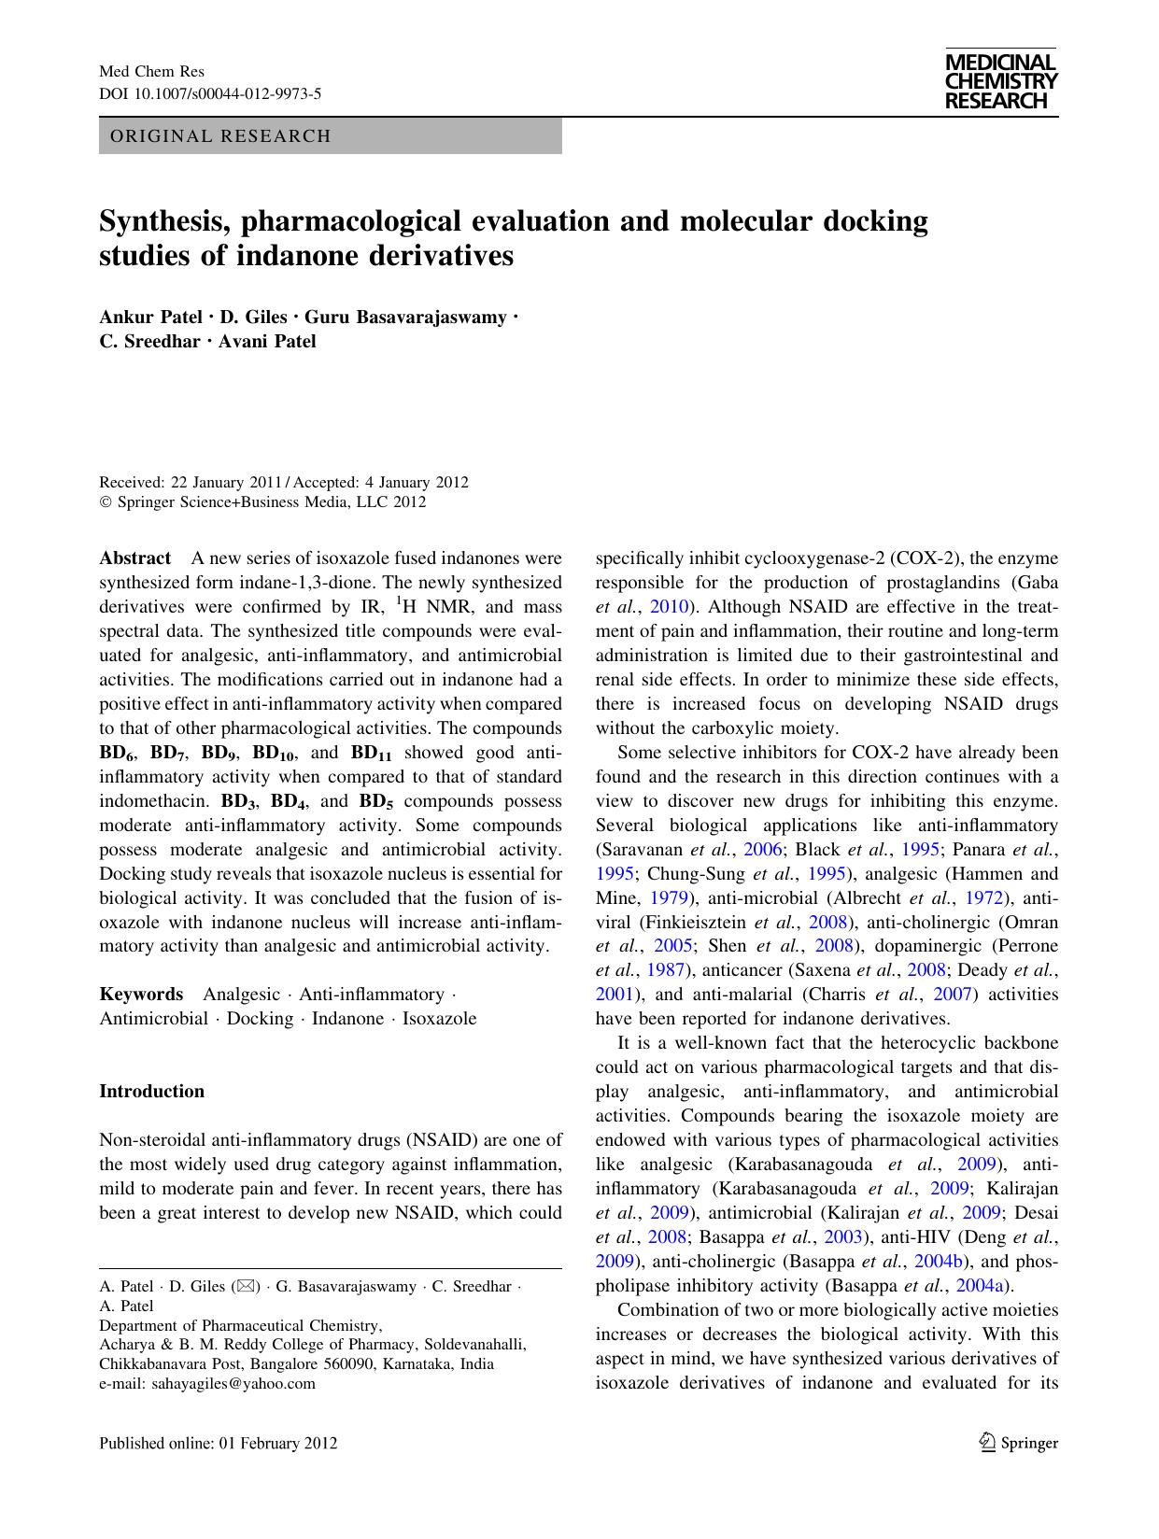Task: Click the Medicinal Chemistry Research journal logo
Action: coord(1000,81)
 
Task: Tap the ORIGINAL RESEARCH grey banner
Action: coord(330,136)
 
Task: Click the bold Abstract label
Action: coord(134,558)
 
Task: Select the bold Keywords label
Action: coord(141,994)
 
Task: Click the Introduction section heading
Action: coord(151,1091)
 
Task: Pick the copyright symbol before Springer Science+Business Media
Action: coord(105,502)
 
